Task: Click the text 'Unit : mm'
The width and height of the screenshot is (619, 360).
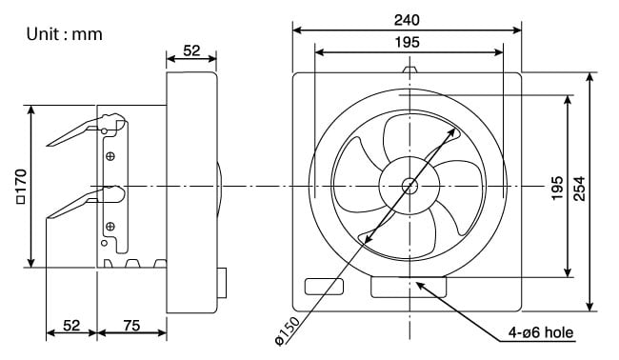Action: pos(65,34)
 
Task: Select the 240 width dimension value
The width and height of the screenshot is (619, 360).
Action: pos(407,20)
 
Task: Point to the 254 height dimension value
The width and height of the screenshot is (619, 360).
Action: pos(579,189)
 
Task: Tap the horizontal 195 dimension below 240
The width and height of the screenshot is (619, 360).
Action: pos(408,42)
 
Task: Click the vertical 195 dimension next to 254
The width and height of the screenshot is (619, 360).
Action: pos(557,188)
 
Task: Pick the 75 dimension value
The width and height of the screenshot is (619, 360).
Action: pos(131,326)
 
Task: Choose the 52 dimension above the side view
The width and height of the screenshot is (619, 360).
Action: pos(191,50)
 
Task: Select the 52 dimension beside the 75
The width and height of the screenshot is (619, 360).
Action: pos(71,326)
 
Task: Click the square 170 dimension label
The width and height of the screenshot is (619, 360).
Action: pos(21,187)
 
